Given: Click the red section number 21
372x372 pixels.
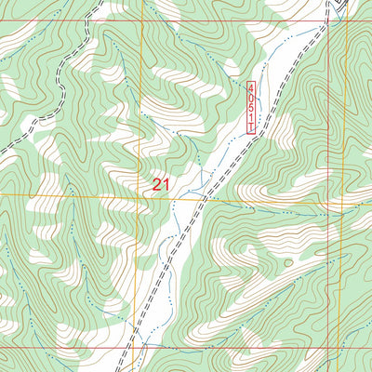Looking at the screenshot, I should click(161, 185).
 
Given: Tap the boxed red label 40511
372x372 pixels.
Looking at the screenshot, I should click(250, 107).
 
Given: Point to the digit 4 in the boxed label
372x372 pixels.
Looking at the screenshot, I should click(250, 87).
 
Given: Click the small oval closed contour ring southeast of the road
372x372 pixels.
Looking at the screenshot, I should click(288, 263).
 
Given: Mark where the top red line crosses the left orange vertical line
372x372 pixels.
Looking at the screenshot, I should click(142, 20).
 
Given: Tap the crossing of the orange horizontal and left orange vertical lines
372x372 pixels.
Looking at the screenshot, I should click(142, 195).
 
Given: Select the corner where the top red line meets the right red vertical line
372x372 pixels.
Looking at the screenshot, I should click(329, 20).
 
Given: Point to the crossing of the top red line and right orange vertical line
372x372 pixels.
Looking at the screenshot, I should click(345, 20).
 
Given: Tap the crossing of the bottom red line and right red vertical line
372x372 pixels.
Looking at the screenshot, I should click(329, 348).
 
